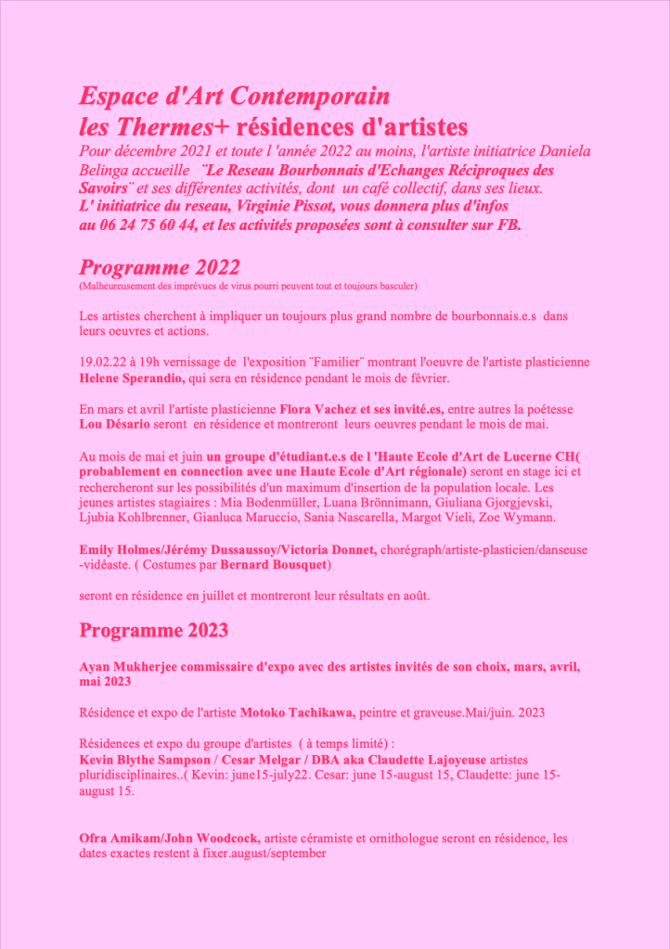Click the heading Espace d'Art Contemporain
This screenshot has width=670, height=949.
(234, 96)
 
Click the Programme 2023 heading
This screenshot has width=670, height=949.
(153, 631)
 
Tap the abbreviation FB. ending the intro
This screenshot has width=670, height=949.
(509, 224)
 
